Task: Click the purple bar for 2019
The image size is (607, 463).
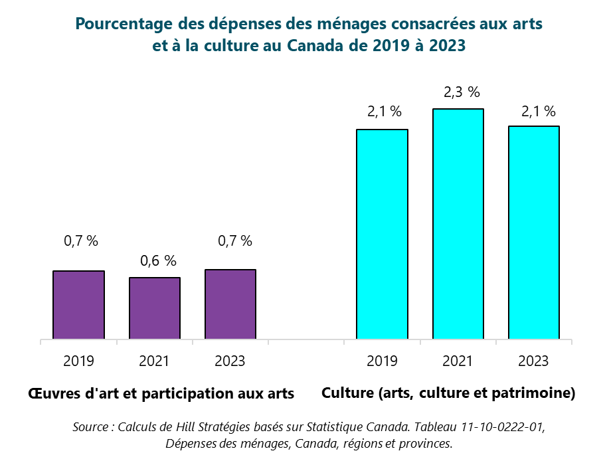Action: tap(78, 305)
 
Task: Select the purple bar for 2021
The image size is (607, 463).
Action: tap(154, 308)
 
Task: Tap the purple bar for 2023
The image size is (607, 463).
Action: tap(230, 304)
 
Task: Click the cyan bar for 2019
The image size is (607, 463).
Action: tap(382, 234)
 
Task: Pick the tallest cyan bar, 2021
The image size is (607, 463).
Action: tap(458, 224)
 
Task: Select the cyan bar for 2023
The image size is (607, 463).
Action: tap(533, 232)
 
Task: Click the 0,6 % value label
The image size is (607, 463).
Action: tap(159, 261)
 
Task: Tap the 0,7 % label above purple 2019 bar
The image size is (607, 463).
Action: tap(81, 241)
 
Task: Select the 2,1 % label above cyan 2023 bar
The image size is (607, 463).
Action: tap(538, 112)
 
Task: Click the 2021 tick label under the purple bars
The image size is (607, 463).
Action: tap(154, 361)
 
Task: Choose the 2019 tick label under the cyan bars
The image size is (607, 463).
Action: tap(382, 361)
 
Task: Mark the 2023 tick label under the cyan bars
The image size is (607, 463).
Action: tap(533, 361)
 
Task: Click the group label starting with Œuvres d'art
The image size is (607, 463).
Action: tap(161, 393)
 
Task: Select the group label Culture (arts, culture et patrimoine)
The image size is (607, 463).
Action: tap(448, 393)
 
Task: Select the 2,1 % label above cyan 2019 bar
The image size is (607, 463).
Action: tap(385, 112)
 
